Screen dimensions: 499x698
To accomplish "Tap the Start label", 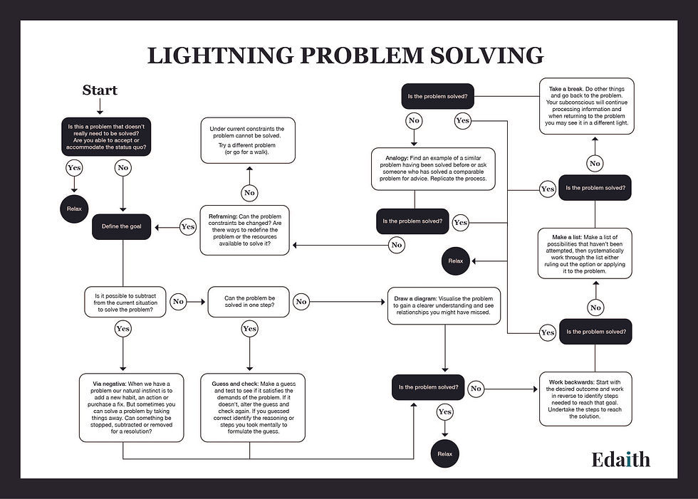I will click(x=100, y=90).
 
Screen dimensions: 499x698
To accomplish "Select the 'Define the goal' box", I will click(x=123, y=226).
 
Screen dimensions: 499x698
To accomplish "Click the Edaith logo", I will click(x=620, y=459).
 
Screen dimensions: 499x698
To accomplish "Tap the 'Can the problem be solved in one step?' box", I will click(x=249, y=302).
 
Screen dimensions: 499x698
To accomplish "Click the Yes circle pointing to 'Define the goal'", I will click(x=187, y=227).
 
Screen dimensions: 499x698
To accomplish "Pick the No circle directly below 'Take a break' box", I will click(x=594, y=163).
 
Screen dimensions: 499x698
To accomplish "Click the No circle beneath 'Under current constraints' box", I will click(x=249, y=192).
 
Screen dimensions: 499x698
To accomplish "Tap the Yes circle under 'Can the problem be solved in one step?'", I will click(x=249, y=329).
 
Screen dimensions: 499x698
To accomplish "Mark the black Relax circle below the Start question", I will click(x=74, y=209).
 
